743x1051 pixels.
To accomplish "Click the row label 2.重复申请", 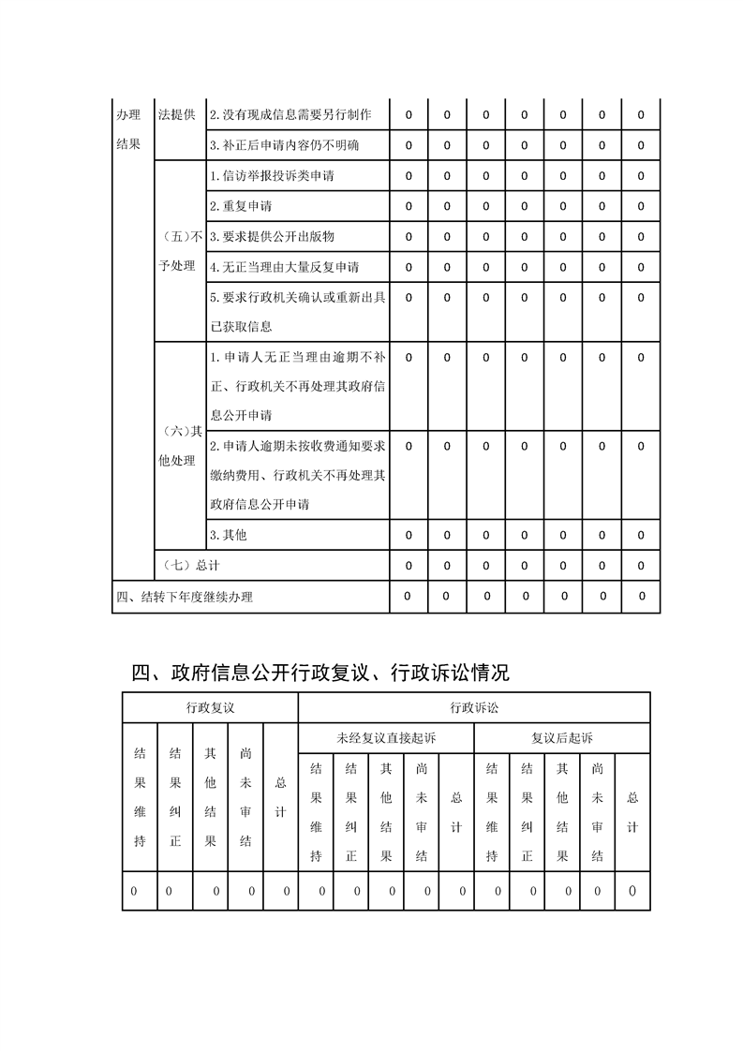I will point(241,206).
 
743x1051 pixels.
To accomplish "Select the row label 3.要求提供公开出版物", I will point(272,237).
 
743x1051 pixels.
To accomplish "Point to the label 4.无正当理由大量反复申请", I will point(284,267).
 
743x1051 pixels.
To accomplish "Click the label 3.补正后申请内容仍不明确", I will point(284,145).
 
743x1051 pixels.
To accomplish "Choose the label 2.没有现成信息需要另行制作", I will point(290,114).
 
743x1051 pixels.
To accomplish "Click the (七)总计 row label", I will point(191,565).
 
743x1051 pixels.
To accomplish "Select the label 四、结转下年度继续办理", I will point(185,597).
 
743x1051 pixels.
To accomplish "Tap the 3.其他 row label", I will point(228,535).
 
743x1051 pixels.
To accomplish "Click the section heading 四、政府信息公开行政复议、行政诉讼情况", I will point(320,673).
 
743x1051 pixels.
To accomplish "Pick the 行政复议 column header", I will point(210,707).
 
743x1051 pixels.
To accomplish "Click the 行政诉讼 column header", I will point(474,707).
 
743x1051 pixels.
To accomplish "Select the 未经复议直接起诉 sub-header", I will point(386,738).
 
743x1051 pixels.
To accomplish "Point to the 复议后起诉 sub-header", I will point(562,738).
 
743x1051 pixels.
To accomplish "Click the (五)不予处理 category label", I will point(178,251).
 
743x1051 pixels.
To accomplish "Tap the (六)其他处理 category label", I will point(178,446).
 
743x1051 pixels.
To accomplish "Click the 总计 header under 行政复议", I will point(280,796).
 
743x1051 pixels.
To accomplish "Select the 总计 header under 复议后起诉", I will point(632,811).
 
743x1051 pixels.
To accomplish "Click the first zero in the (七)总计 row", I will point(409,566).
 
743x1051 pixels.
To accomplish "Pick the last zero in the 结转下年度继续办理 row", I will point(642,596).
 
